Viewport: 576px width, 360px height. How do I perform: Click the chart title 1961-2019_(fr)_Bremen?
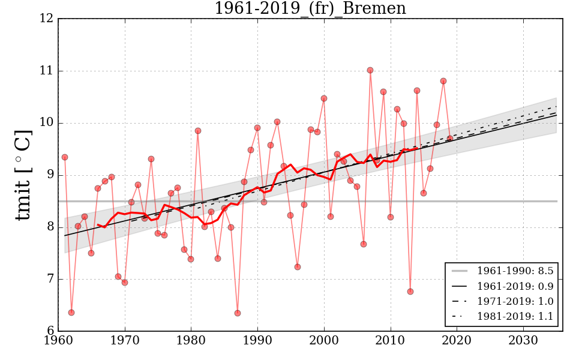click(x=310, y=8)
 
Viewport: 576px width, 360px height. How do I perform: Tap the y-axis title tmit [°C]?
click(x=23, y=175)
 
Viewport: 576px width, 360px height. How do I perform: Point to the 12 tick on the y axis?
click(x=49, y=19)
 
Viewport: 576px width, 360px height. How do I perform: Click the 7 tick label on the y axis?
click(x=49, y=279)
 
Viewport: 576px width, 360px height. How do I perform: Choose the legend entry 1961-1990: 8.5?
click(x=502, y=271)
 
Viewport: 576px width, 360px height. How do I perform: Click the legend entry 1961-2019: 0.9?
click(x=502, y=286)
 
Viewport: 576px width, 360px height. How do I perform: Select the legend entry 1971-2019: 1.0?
click(x=502, y=301)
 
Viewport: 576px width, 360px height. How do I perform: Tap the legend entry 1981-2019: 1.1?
click(x=502, y=316)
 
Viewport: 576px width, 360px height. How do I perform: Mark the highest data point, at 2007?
click(x=370, y=70)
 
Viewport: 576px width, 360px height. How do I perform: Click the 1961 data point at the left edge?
click(x=65, y=157)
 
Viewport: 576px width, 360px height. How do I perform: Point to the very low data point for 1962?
click(x=71, y=313)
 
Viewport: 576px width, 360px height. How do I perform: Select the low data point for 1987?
click(x=238, y=313)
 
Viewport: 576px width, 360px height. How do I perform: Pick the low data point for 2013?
click(x=410, y=292)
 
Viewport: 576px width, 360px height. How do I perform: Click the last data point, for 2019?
click(x=450, y=139)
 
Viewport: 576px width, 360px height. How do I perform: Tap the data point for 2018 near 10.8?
click(x=443, y=81)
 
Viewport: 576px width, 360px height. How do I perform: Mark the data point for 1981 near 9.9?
click(x=198, y=131)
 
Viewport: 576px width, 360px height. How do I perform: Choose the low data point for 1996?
click(x=298, y=267)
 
